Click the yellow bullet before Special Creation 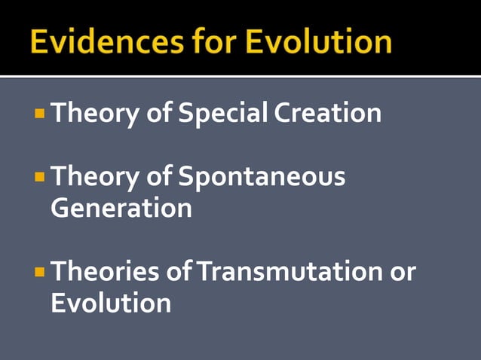[40, 114]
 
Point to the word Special [222, 114]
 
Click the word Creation [327, 114]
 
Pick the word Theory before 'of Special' [93, 114]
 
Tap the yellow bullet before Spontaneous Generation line [40, 178]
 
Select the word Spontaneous [262, 178]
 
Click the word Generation [121, 209]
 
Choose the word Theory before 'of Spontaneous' [93, 178]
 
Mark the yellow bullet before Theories [40, 272]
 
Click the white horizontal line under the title [240, 76]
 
